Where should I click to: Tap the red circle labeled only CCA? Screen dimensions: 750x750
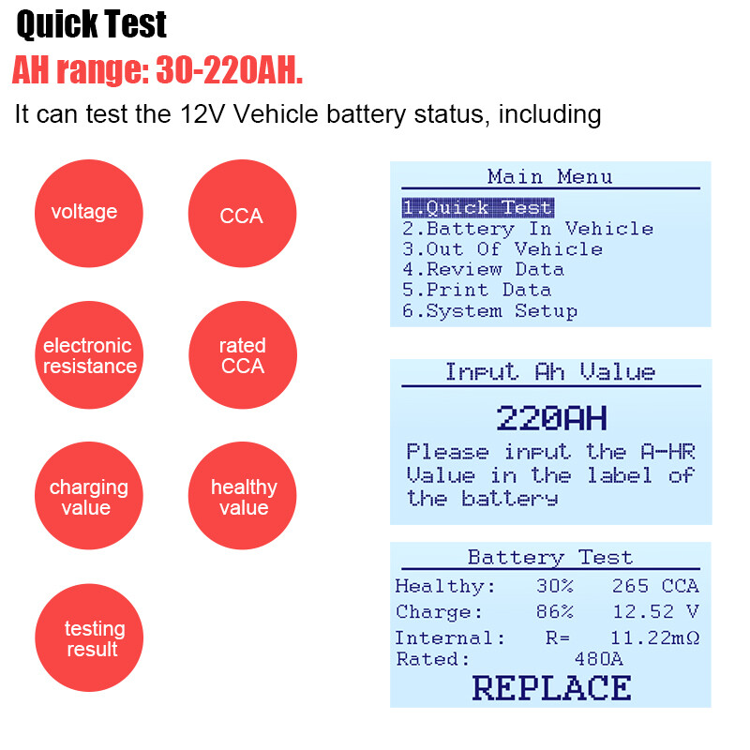click(242, 215)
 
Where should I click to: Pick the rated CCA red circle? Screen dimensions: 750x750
click(242, 356)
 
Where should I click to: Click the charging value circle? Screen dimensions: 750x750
click(88, 497)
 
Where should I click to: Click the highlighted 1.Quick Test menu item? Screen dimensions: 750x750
click(478, 207)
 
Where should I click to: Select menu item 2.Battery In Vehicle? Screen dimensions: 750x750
click(528, 228)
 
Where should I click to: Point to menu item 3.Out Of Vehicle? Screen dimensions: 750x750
click(502, 248)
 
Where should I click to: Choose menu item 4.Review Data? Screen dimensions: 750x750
click(484, 269)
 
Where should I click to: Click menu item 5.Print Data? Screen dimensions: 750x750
click(477, 290)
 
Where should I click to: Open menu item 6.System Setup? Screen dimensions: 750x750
click(490, 310)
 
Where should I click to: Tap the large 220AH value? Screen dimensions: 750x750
click(551, 416)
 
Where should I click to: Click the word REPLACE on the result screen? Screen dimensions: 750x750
click(551, 687)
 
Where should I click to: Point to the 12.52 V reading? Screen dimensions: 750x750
click(654, 612)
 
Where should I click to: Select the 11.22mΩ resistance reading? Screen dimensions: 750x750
click(654, 637)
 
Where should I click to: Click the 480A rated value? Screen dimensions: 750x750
click(598, 659)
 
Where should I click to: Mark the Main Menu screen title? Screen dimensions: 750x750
click(550, 176)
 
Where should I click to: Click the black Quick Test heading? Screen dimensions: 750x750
click(92, 24)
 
